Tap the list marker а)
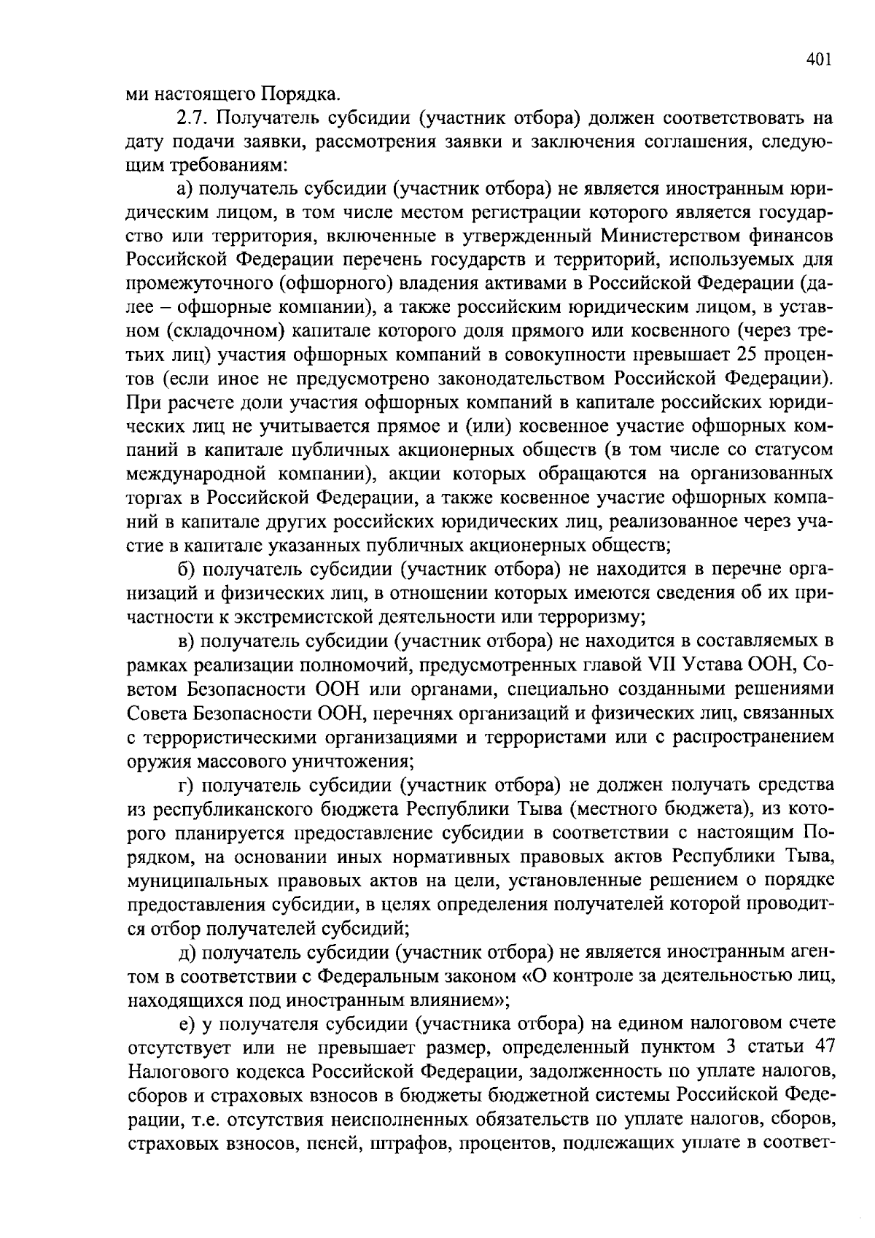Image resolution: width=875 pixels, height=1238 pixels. click(x=187, y=189)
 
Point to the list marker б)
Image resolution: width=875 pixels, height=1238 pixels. click(x=187, y=568)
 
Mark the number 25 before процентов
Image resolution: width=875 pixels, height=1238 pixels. click(x=756, y=355)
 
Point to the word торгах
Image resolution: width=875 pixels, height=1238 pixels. click(x=155, y=498)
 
